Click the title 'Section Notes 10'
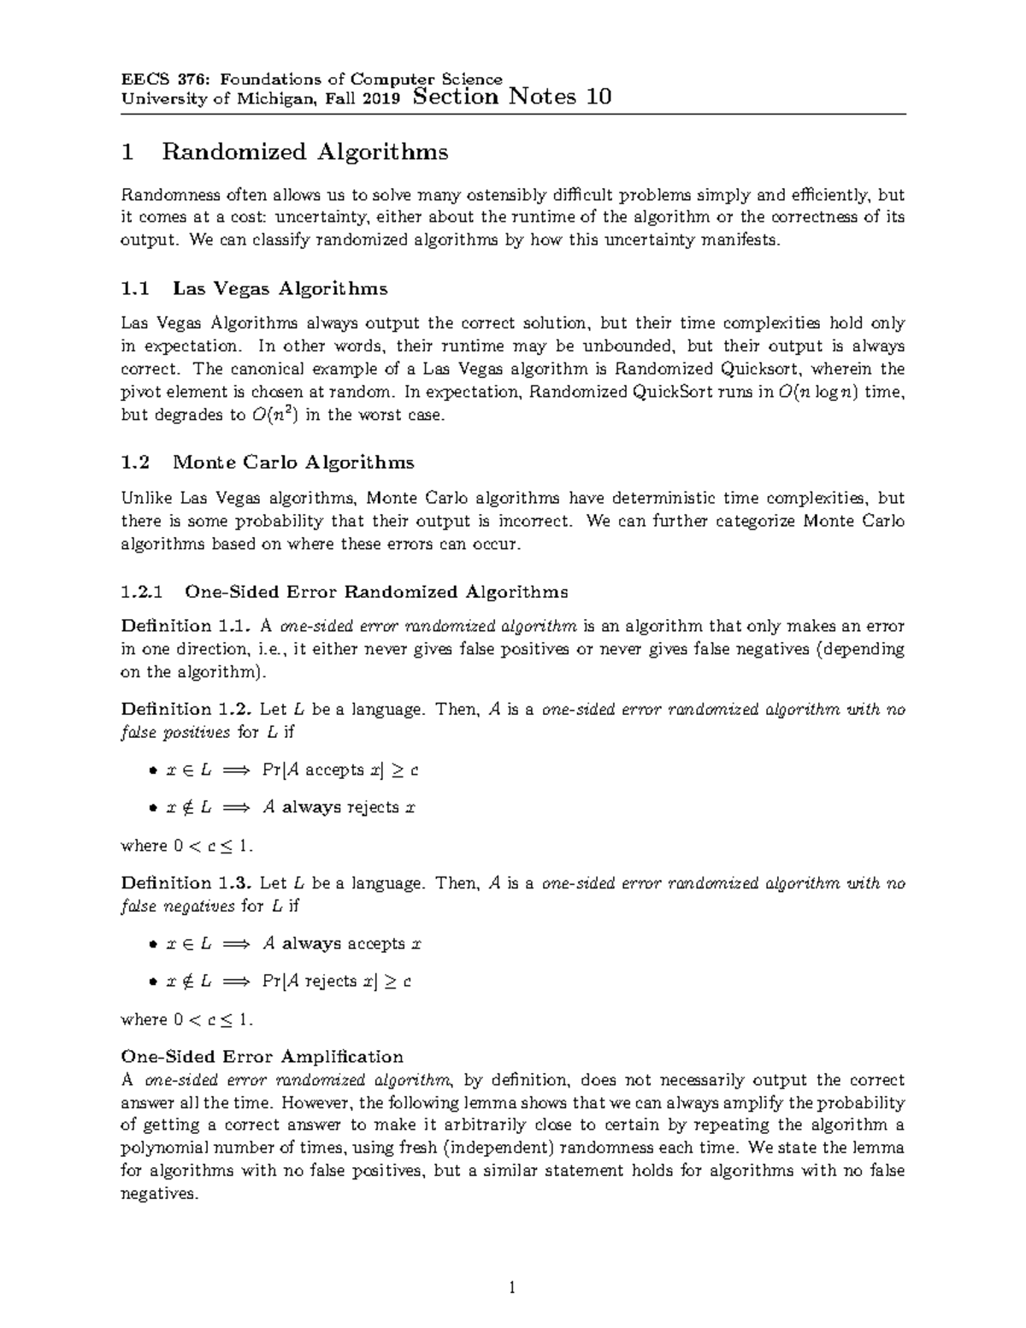[511, 97]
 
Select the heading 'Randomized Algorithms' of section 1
[304, 152]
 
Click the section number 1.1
[135, 288]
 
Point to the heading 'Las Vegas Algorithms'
[280, 288]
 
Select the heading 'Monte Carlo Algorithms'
[293, 463]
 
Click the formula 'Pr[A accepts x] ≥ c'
[339, 770]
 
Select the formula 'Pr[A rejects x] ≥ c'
[336, 982]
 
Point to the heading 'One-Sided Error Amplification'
[262, 1056]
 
